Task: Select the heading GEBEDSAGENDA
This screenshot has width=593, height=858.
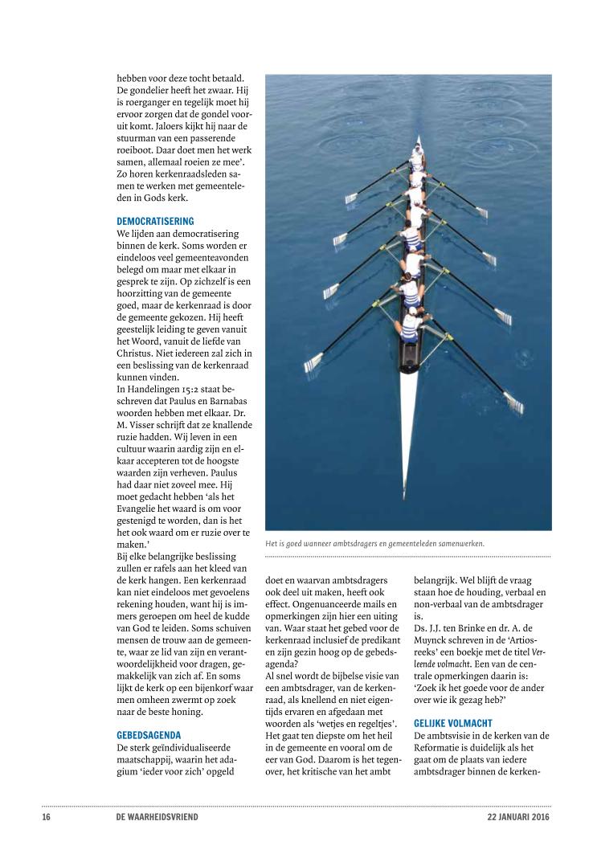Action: coord(149,734)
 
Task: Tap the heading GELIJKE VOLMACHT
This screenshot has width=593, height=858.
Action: coord(453,723)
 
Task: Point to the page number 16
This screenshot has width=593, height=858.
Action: coord(47,817)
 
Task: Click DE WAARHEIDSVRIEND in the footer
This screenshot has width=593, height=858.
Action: coord(157,817)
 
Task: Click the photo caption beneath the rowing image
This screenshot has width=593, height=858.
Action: coord(374,543)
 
